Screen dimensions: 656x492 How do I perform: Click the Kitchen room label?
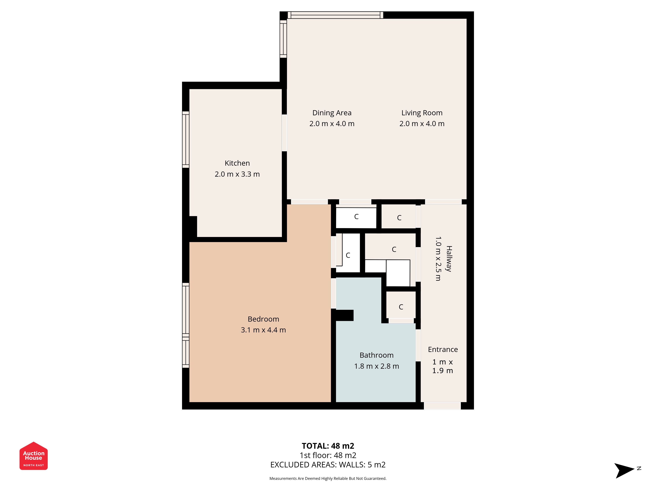tap(237, 163)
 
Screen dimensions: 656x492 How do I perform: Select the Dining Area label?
tap(332, 113)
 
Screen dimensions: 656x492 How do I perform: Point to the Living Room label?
tap(422, 113)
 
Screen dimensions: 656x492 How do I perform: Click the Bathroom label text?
tap(376, 355)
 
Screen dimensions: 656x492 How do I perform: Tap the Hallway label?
tap(449, 259)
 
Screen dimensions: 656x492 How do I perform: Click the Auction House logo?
tap(33, 456)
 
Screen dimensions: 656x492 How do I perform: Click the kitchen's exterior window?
tap(186, 140)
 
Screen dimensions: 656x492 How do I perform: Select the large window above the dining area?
tap(335, 15)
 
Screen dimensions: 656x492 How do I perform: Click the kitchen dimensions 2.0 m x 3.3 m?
tap(237, 174)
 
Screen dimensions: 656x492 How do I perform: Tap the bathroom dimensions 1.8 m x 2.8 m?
tap(376, 366)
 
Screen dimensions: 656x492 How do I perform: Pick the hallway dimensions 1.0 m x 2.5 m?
tap(438, 259)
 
